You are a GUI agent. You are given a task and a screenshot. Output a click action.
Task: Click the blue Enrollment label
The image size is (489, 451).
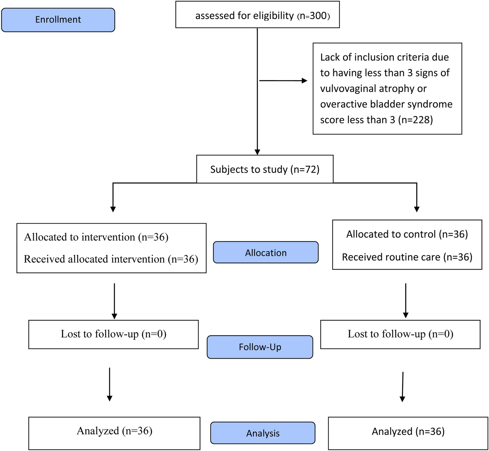(x=58, y=20)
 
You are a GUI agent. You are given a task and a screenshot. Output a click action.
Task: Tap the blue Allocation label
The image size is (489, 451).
(x=266, y=252)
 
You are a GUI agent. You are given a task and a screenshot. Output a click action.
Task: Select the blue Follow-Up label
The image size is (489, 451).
(x=260, y=347)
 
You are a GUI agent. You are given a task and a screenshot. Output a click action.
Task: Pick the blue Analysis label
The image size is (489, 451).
(x=263, y=433)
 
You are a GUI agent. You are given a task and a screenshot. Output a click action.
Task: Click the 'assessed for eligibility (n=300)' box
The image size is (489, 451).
(x=257, y=15)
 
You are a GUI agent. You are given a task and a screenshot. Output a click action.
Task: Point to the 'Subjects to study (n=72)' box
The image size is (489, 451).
(x=265, y=169)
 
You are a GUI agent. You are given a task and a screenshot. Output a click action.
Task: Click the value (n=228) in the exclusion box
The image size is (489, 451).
(x=415, y=120)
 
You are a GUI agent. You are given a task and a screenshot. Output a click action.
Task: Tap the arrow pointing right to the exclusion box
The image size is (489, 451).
(x=283, y=81)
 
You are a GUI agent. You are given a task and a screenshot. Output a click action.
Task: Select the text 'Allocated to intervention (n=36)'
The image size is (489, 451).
(x=96, y=237)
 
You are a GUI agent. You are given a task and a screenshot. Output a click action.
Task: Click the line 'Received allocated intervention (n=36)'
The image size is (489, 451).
(x=111, y=259)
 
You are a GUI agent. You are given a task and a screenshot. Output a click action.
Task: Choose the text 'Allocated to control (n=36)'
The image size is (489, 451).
(x=407, y=234)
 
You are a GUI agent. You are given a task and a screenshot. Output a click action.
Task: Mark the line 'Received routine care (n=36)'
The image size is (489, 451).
(x=407, y=257)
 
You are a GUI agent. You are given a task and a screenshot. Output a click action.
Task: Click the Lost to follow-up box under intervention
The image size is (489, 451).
(x=114, y=334)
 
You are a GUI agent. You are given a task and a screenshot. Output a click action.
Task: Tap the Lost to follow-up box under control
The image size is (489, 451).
(x=400, y=334)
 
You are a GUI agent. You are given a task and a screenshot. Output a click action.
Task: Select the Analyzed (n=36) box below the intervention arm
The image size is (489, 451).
(x=114, y=433)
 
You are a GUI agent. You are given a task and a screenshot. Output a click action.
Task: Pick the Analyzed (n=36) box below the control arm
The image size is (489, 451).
(x=408, y=433)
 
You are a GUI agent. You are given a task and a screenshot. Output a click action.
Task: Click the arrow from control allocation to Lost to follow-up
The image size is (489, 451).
(x=406, y=301)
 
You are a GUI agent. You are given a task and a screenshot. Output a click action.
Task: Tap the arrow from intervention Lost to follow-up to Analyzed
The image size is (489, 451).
(x=110, y=384)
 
